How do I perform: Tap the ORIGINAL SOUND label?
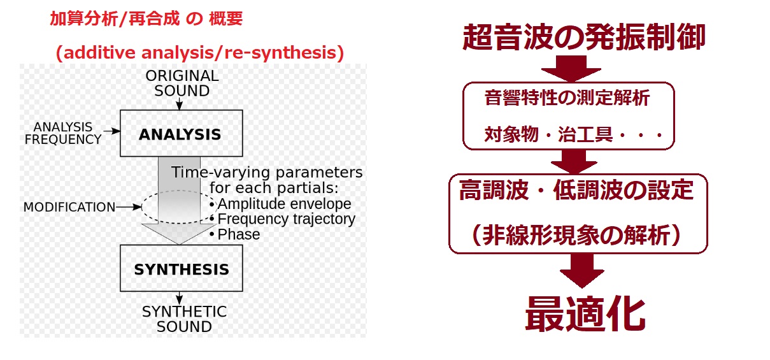coord(182,83)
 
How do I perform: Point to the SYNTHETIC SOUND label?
coord(184,319)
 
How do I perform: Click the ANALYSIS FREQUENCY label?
coord(63,133)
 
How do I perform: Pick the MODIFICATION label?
coord(69,207)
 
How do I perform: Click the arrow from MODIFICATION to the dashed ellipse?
coord(129,207)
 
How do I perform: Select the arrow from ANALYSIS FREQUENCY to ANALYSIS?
coord(111,131)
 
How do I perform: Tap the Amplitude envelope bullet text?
coord(284,204)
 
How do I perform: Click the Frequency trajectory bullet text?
coord(287,219)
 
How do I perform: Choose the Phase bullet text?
coord(239,234)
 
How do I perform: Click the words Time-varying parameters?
coord(267,172)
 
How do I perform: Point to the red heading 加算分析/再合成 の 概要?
coord(146,18)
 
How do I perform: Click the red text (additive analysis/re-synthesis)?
coord(200,53)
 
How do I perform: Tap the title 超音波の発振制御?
coord(583,37)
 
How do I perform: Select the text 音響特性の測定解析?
coord(567,97)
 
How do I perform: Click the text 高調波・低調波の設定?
coord(576,190)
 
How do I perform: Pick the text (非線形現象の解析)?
coord(576,236)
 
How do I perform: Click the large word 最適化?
coord(585,314)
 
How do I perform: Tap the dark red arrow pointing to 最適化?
coord(582,271)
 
